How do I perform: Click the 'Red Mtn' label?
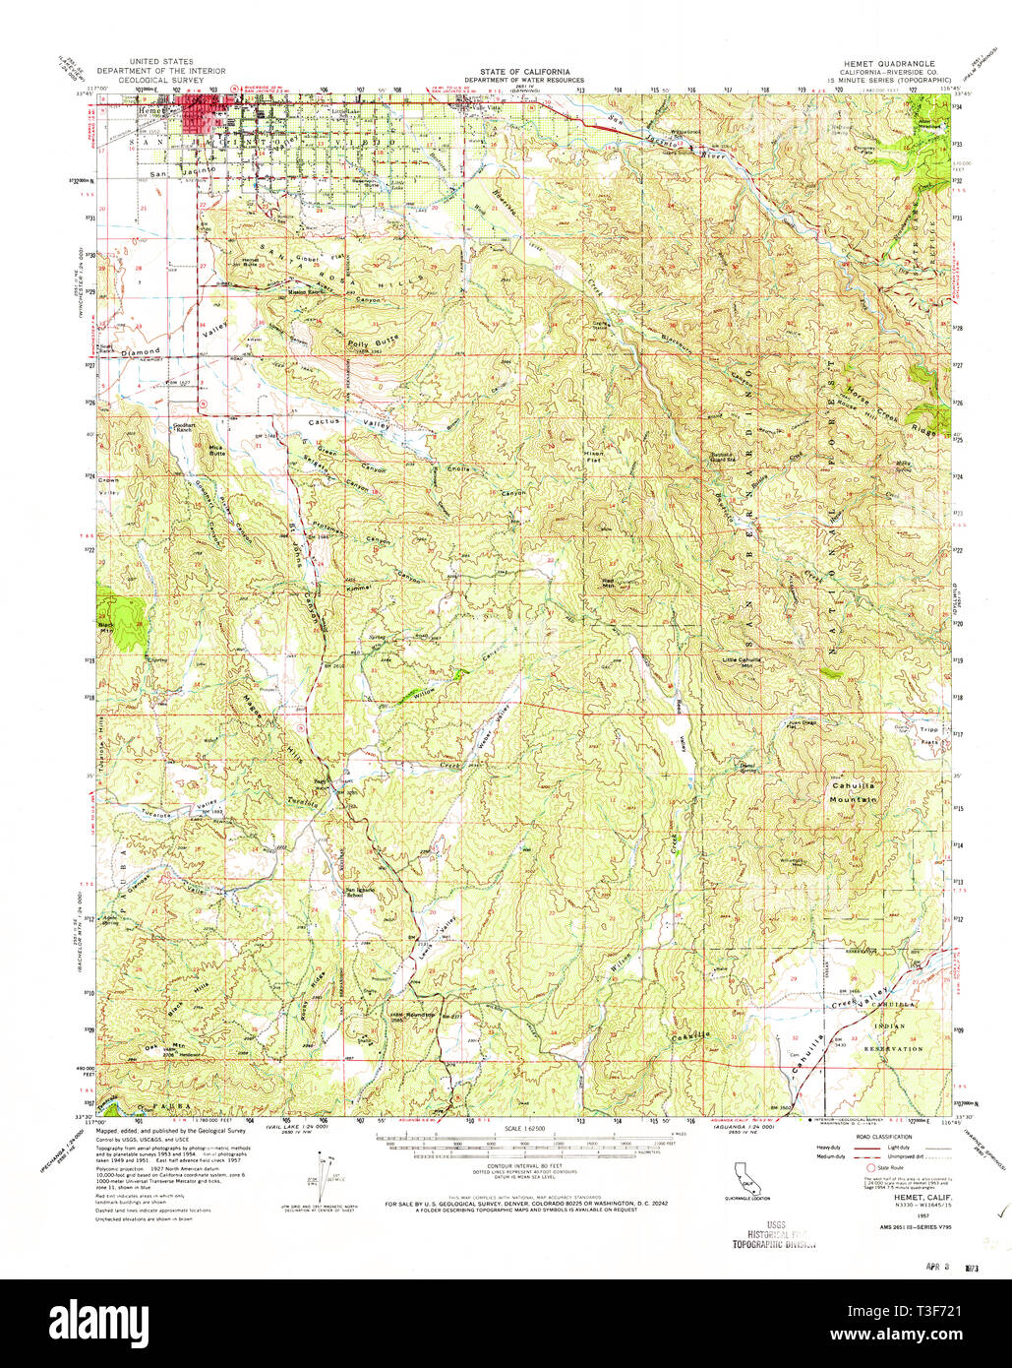(608, 583)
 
